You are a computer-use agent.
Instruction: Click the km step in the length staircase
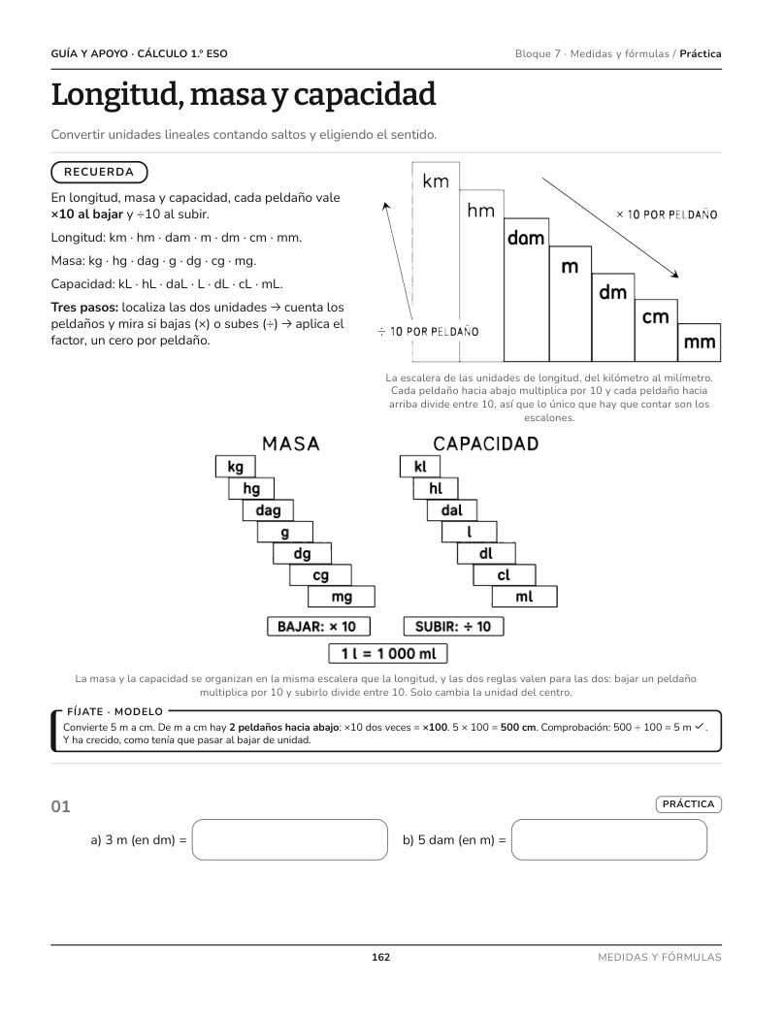(x=436, y=262)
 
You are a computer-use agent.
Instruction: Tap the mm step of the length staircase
(x=700, y=343)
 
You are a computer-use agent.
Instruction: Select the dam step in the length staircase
(x=526, y=289)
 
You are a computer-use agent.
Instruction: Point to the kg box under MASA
(x=236, y=467)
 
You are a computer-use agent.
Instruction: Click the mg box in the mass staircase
(x=342, y=596)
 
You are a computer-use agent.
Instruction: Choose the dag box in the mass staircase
(x=268, y=510)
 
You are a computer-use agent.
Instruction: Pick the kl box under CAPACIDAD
(x=420, y=467)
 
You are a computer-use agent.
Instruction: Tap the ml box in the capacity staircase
(x=524, y=596)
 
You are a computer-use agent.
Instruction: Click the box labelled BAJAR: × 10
(x=319, y=627)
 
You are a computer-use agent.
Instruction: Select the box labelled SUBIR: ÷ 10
(x=453, y=627)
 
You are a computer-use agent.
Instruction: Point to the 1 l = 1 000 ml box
(x=388, y=654)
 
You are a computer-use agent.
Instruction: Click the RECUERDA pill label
(x=99, y=172)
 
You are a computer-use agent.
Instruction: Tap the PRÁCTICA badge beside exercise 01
(x=688, y=804)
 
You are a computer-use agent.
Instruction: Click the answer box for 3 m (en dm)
(x=290, y=839)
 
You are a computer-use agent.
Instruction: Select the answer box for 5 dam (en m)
(x=609, y=839)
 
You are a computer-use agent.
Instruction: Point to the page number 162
(x=380, y=958)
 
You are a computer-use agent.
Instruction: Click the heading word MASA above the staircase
(x=291, y=444)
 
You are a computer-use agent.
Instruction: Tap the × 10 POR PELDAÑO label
(x=667, y=214)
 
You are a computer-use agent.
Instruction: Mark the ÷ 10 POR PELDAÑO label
(x=429, y=332)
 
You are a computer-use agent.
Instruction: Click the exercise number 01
(x=60, y=806)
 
